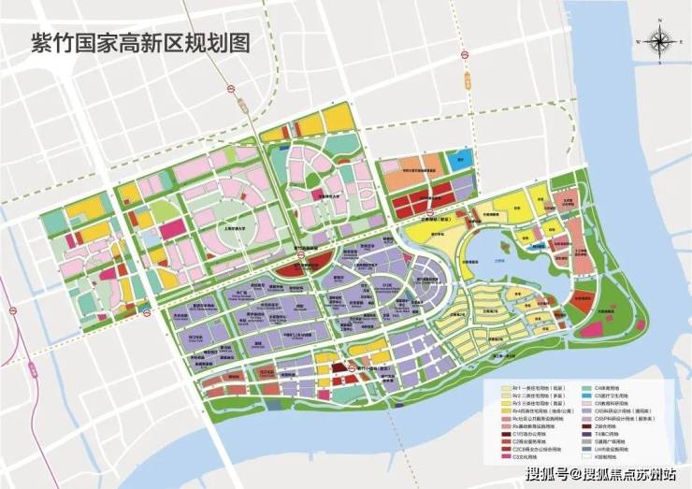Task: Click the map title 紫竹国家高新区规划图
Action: [129, 43]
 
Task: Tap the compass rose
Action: [661, 42]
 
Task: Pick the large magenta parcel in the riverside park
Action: [590, 328]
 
